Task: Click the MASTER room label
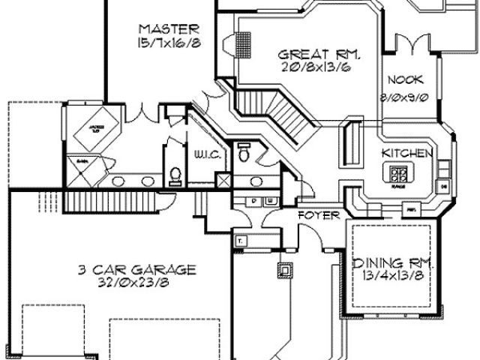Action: point(169,29)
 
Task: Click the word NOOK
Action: point(406,79)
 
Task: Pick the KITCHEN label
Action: point(407,153)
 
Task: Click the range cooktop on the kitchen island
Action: point(400,175)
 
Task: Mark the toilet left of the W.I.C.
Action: point(176,175)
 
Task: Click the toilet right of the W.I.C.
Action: point(244,151)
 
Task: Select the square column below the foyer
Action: point(285,268)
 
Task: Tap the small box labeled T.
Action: point(241,241)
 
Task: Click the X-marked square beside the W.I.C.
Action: point(223,181)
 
